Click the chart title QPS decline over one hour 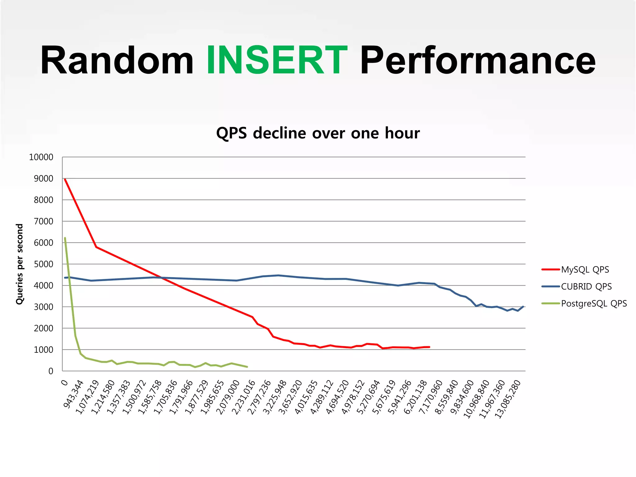pos(318,133)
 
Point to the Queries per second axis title pos(20,264)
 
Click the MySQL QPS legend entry pos(585,270)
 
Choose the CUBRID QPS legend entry pos(586,286)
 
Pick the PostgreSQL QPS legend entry pos(593,303)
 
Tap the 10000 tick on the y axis pos(41,157)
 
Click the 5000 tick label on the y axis pos(43,264)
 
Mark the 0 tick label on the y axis pos(51,371)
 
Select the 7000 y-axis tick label pos(43,221)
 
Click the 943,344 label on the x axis pos(74,394)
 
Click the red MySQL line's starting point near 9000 pos(65,179)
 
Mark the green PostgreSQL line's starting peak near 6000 pos(65,238)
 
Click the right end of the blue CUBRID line pos(523,307)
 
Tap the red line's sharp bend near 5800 pos(96,247)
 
